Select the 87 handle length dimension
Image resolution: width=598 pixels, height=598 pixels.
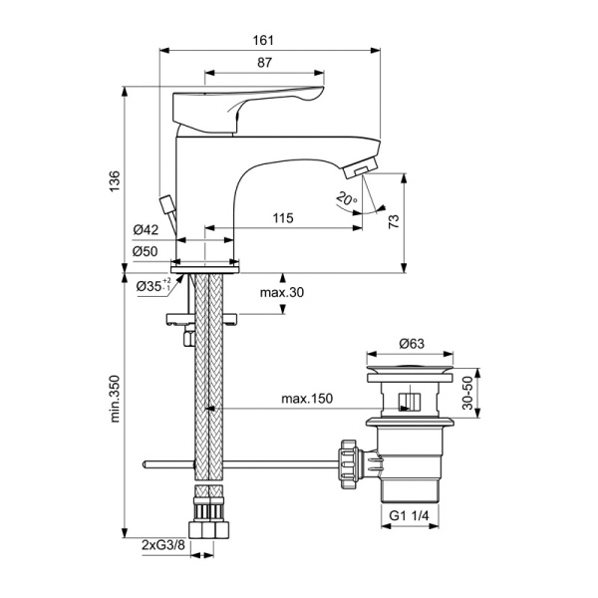[264, 62]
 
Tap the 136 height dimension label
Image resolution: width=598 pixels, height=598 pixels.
[115, 179]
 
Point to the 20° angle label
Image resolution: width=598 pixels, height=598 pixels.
[346, 199]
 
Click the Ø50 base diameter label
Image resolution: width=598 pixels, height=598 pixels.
[146, 251]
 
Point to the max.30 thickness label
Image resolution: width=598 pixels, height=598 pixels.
[281, 293]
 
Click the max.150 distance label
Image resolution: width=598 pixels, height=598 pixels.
[306, 400]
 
